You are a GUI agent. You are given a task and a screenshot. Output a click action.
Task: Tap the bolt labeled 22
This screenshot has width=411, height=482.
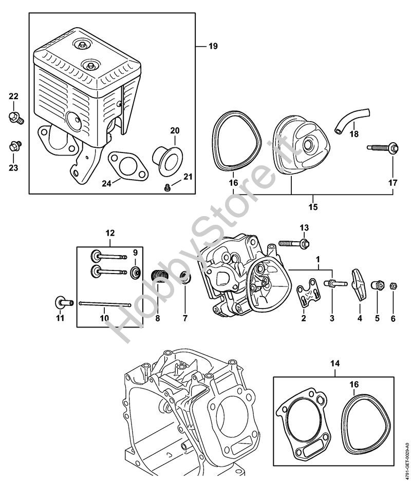pyautogui.click(x=14, y=118)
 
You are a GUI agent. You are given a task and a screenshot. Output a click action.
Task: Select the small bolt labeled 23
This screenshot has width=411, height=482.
pyautogui.click(x=14, y=145)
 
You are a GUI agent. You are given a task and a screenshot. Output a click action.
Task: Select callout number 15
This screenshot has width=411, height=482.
pyautogui.click(x=313, y=207)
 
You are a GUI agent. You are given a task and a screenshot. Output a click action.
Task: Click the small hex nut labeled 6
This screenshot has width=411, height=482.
pyautogui.click(x=393, y=285)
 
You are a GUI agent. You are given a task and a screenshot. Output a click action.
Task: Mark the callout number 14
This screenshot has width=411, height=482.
pyautogui.click(x=335, y=364)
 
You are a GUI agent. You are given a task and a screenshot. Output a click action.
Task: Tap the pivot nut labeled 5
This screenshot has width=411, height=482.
pyautogui.click(x=378, y=284)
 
